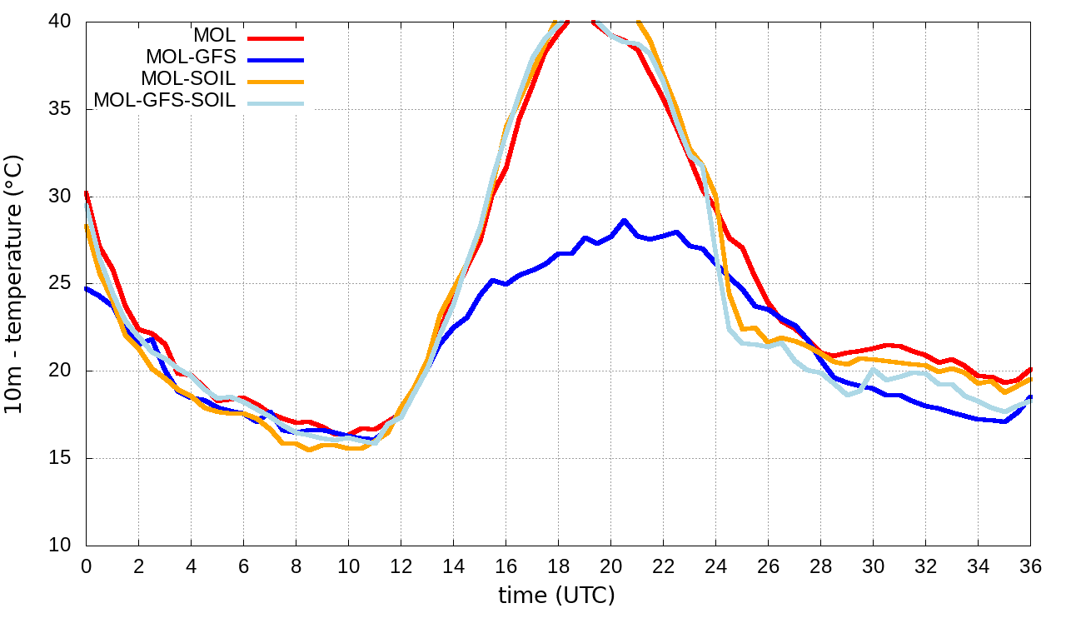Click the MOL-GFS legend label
point(191,57)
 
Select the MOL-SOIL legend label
point(188,79)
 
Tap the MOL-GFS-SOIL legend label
point(165,101)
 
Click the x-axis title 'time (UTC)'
point(556,596)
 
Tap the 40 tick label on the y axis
point(61,22)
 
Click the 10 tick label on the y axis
point(61,546)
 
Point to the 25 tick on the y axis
point(61,284)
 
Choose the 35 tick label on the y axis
point(61,109)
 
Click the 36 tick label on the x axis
point(1031,566)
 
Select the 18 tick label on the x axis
point(558,566)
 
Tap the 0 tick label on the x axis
point(86,566)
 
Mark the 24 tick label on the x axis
point(715,566)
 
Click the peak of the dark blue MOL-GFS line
point(624,221)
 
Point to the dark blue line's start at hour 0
point(87,288)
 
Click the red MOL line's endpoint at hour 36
point(1030,369)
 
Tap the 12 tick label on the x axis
point(401,566)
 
